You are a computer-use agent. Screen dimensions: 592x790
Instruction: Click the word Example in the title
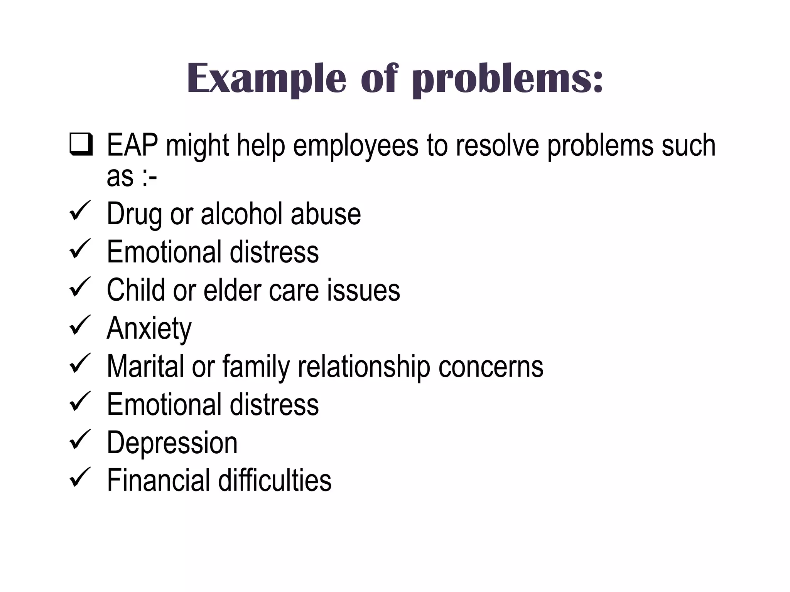coord(266,79)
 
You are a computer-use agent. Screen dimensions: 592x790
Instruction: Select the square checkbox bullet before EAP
coord(81,144)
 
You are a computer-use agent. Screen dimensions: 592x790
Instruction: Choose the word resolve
coord(497,145)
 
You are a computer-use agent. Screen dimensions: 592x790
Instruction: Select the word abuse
coord(326,214)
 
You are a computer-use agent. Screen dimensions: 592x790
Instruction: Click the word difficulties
coord(275,480)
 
